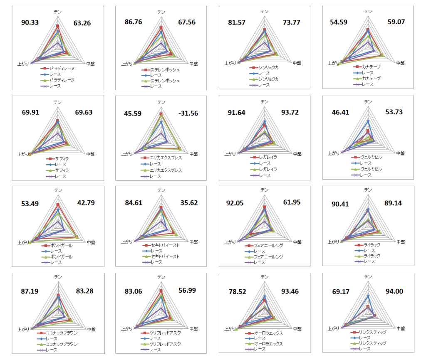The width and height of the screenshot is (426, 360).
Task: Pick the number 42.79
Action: click(86, 203)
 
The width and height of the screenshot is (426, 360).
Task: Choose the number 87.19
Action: click(30, 291)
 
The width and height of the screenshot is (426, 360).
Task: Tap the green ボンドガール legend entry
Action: click(61, 256)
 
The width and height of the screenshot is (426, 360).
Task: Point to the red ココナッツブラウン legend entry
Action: click(63, 333)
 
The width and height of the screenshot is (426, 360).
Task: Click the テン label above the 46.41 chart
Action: click(368, 101)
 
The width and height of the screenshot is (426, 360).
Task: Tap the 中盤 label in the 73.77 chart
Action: click(297, 63)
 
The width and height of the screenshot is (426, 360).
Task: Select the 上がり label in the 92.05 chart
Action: click(230, 242)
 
